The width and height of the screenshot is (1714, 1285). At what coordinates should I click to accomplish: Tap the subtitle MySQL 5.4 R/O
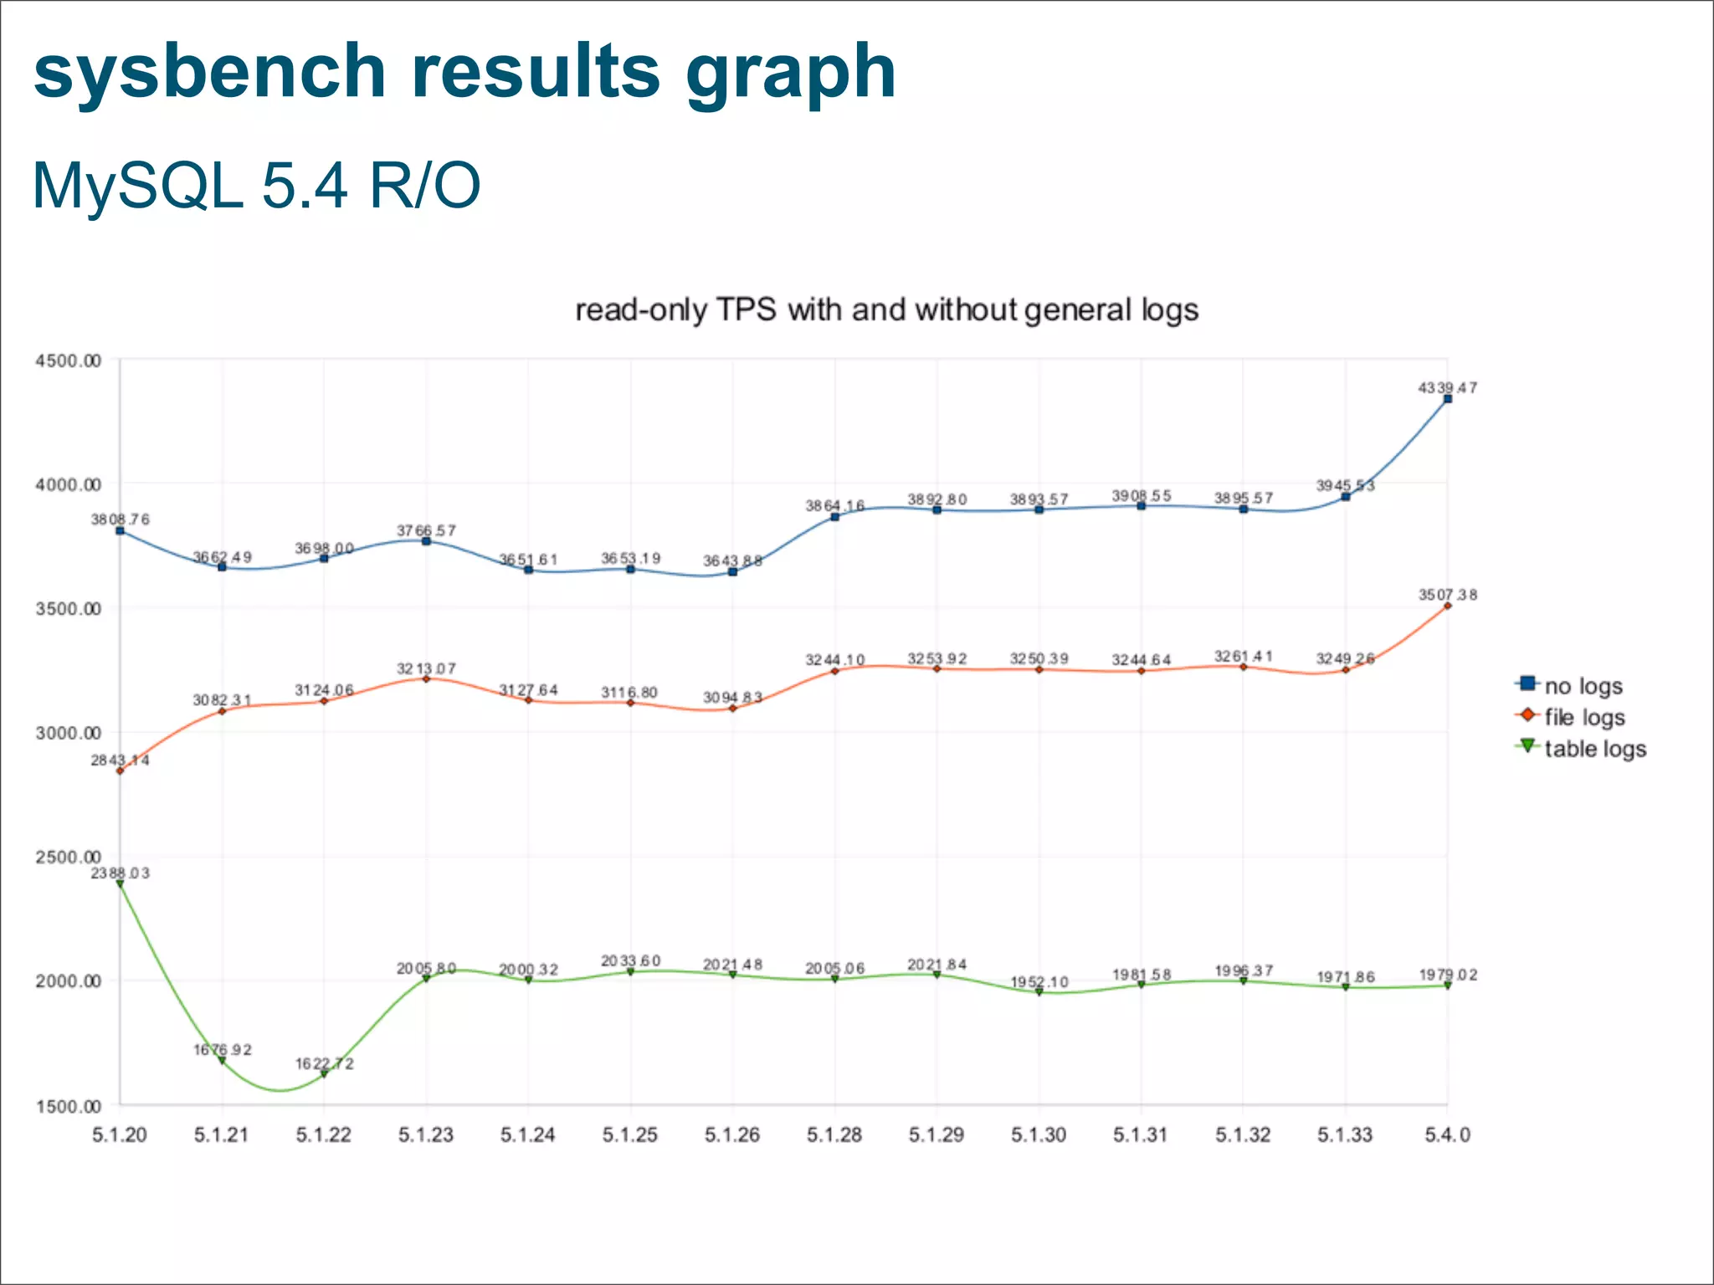pos(256,186)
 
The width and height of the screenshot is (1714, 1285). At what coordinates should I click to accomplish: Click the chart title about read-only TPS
pos(886,310)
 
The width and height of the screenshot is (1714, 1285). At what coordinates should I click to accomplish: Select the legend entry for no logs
pos(1582,686)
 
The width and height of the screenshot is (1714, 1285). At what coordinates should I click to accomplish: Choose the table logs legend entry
pos(1594,749)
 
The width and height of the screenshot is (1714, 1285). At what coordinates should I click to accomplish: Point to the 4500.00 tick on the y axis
pos(68,361)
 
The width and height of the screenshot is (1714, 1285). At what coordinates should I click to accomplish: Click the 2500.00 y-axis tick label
pos(68,857)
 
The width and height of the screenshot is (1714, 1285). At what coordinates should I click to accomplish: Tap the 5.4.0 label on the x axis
pos(1447,1135)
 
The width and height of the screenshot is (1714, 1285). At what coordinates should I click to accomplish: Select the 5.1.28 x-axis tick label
pos(834,1135)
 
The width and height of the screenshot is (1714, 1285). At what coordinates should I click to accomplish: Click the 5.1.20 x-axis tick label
pos(120,1135)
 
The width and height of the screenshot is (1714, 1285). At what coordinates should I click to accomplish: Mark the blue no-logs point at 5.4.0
pos(1448,399)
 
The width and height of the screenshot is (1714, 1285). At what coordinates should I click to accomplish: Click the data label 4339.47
pos(1447,388)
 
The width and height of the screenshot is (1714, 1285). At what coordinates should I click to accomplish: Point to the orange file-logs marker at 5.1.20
pos(120,770)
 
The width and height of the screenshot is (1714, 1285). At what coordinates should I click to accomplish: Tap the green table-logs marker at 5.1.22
pos(324,1075)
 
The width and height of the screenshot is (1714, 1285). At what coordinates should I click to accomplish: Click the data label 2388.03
pos(120,873)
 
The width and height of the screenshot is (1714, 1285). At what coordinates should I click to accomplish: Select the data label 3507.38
pos(1447,595)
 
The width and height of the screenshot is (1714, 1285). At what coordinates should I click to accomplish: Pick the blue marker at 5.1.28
pos(834,517)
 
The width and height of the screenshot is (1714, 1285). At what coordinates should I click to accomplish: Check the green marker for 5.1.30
pos(1039,992)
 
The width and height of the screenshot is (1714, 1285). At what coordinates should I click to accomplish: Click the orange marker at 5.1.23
pos(426,678)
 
